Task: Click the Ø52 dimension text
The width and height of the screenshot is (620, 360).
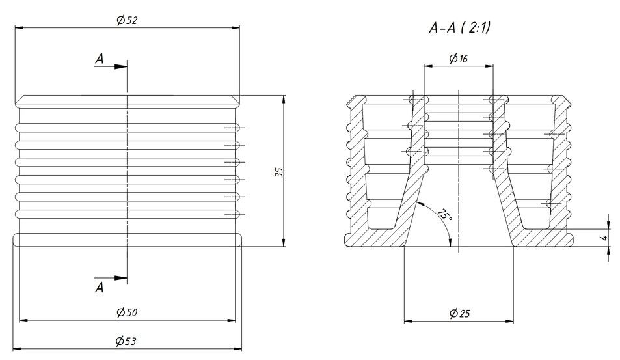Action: click(126, 20)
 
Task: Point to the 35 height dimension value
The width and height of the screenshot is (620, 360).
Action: click(278, 173)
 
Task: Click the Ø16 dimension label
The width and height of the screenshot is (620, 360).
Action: click(458, 59)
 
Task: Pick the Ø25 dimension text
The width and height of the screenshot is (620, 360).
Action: click(459, 314)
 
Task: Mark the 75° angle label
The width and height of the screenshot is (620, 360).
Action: click(444, 215)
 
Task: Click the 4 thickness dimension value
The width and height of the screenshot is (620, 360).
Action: click(604, 238)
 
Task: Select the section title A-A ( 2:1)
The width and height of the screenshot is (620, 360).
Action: click(459, 28)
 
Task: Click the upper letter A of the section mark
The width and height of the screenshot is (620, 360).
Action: click(100, 59)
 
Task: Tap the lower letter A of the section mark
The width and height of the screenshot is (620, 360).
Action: click(100, 287)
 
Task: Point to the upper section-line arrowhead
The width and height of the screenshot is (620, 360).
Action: click(120, 66)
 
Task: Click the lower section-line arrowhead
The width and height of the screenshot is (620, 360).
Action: click(120, 278)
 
